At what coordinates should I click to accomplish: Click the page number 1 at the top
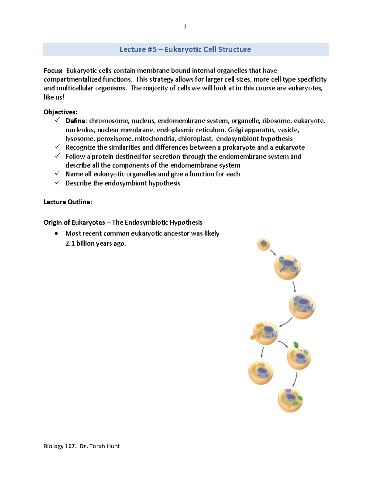pyautogui.click(x=185, y=27)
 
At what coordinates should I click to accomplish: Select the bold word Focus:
pyautogui.click(x=53, y=71)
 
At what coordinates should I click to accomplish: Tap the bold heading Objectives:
pyautogui.click(x=60, y=112)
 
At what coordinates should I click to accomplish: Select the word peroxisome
pyautogui.click(x=114, y=139)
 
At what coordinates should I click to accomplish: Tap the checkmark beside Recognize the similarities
pyautogui.click(x=57, y=147)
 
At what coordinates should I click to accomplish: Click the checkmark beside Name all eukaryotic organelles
pyautogui.click(x=57, y=174)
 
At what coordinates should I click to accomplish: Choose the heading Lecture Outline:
pyautogui.click(x=68, y=202)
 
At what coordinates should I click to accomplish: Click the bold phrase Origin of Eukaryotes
pyautogui.click(x=74, y=223)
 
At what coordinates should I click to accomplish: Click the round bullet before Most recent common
pyautogui.click(x=56, y=234)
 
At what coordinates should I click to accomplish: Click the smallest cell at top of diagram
pyautogui.click(x=263, y=244)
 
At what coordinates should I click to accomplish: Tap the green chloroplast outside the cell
pyautogui.click(x=296, y=345)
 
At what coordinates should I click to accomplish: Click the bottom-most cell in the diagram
pyautogui.click(x=290, y=400)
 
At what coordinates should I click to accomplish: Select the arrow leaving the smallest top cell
pyautogui.click(x=272, y=253)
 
